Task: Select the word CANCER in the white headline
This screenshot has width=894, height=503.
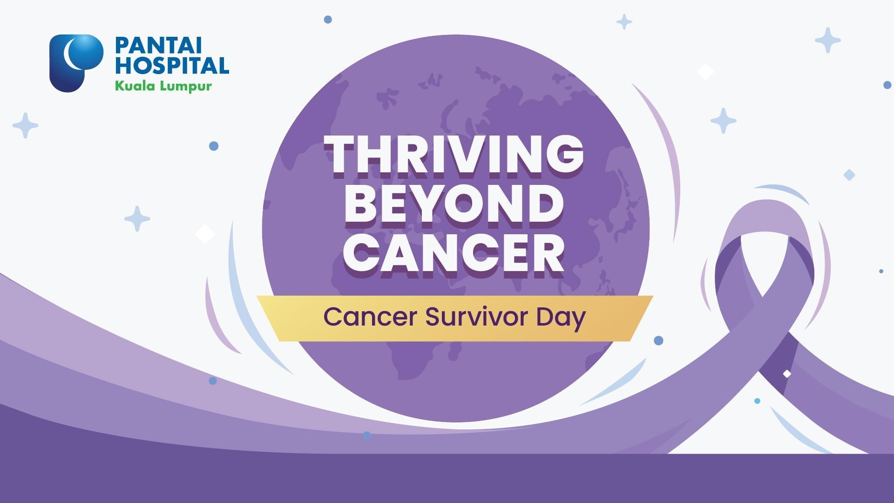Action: [454, 255]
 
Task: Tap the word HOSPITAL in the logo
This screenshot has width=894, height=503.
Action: [172, 65]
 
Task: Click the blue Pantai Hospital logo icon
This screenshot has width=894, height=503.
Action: [76, 63]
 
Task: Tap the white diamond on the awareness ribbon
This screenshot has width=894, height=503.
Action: [787, 374]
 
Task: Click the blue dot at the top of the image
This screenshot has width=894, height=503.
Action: [328, 20]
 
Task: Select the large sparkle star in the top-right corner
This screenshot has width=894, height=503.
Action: [827, 41]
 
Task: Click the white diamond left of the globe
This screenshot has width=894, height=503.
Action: [204, 234]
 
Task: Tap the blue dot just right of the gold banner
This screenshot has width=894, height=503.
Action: [658, 340]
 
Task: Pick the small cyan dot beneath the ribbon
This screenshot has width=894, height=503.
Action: [757, 401]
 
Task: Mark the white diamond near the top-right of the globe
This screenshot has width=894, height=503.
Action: [705, 72]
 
